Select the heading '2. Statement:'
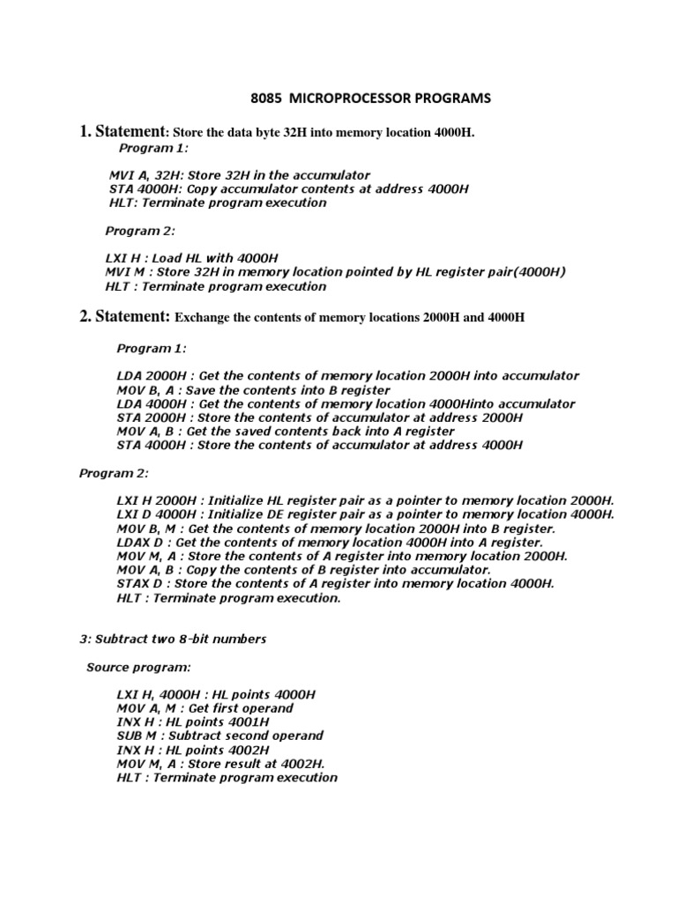tap(125, 314)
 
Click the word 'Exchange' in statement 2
tap(206, 316)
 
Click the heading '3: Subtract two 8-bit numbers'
tap(173, 639)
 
